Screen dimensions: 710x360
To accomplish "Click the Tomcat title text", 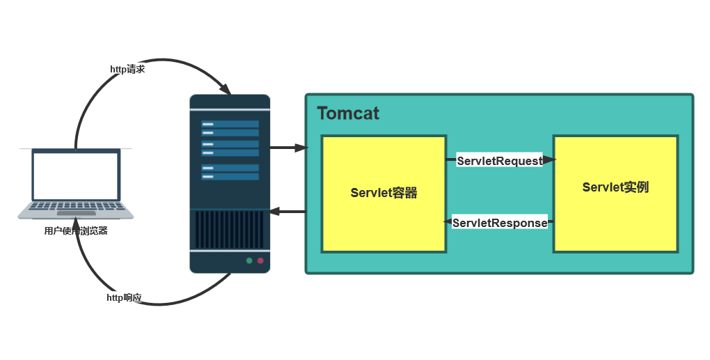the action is [x=348, y=114].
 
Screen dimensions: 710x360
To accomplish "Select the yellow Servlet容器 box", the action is [x=384, y=194].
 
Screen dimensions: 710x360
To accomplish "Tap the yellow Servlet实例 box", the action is [x=615, y=194].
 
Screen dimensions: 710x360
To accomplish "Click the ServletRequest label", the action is [x=500, y=161].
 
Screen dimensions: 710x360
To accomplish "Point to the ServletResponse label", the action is [x=500, y=223].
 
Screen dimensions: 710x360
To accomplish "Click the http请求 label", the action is [x=127, y=69].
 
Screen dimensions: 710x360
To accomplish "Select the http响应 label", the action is [x=124, y=297].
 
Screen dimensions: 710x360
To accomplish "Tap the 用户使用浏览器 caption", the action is [x=76, y=230].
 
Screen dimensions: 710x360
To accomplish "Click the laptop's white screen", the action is [x=76, y=175].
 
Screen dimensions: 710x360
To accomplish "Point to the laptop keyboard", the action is [x=76, y=206].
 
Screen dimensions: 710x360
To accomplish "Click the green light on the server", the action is [x=249, y=260].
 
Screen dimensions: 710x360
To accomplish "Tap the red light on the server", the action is [x=260, y=260].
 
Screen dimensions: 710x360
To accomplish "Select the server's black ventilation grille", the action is [x=230, y=229].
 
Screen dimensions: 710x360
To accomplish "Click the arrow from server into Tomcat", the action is [x=289, y=148].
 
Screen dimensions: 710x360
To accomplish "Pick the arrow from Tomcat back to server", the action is [x=287, y=212].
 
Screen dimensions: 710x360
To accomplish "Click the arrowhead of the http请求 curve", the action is [x=226, y=88].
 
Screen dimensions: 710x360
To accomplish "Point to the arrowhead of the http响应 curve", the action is [x=77, y=224].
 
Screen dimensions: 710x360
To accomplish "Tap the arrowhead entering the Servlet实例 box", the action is [x=549, y=159].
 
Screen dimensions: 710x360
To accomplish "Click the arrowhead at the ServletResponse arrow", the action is [x=448, y=222].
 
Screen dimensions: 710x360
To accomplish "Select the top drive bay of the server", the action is [x=230, y=124].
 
